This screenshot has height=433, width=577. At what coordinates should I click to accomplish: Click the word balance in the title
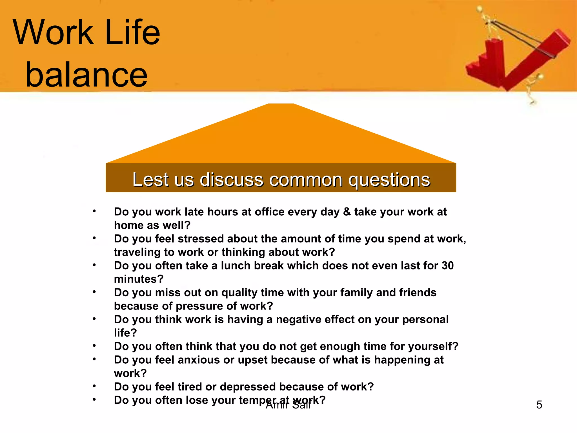click(86, 75)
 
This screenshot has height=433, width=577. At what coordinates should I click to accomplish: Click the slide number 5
click(539, 405)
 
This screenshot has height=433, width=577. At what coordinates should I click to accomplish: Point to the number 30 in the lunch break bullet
click(447, 266)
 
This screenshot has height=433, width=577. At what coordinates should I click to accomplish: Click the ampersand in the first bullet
click(347, 212)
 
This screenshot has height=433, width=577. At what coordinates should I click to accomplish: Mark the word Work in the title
click(53, 32)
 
